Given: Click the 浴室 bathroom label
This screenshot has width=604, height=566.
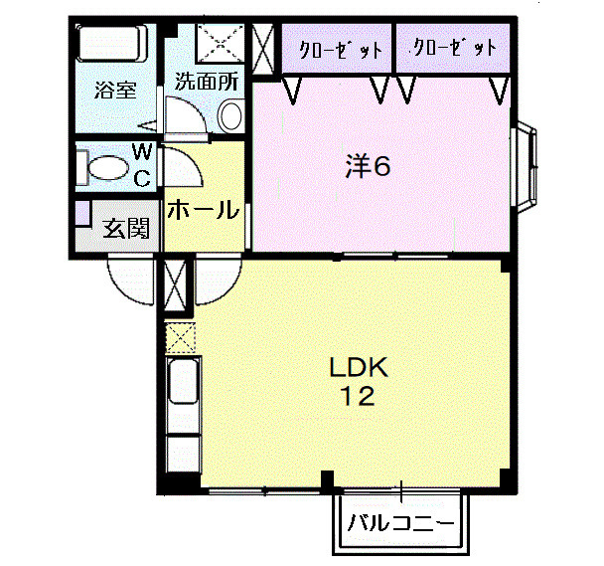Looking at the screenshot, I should click(115, 90).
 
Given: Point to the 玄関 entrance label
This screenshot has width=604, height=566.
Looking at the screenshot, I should click(128, 229).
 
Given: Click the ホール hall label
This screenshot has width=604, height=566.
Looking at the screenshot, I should click(203, 210).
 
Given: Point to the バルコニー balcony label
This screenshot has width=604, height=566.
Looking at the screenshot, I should click(400, 521).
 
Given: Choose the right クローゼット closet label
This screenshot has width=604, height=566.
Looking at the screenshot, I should click(453, 48).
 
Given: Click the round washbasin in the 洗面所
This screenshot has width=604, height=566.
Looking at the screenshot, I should click(230, 115).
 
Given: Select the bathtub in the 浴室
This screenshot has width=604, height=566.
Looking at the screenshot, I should click(112, 44).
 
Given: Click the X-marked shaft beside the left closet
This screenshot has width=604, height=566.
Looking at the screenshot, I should click(264, 46).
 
